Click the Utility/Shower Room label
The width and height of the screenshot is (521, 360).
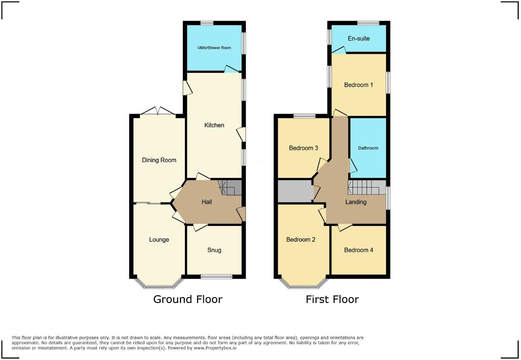pyautogui.click(x=214, y=48)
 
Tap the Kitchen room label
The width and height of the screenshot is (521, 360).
pyautogui.click(x=214, y=125)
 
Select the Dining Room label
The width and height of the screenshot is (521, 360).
pyautogui.click(x=159, y=160)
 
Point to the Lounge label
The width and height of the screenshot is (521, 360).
pyautogui.click(x=159, y=240)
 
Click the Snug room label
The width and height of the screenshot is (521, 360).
pyautogui.click(x=214, y=250)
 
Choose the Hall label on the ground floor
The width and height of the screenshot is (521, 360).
pyautogui.click(x=207, y=202)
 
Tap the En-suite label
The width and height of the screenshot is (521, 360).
pyautogui.click(x=359, y=39)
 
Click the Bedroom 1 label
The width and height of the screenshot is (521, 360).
pyautogui.click(x=359, y=85)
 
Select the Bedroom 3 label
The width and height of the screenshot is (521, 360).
pyautogui.click(x=304, y=148)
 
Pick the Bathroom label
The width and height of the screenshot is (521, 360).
pyautogui.click(x=368, y=148)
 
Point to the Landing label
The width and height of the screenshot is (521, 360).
pyautogui.click(x=356, y=202)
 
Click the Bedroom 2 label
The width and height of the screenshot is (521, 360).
pyautogui.click(x=301, y=240)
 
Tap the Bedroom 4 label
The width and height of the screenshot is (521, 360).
pyautogui.click(x=359, y=250)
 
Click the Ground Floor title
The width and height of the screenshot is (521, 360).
pyautogui.click(x=188, y=299)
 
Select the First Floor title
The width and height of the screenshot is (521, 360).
pyautogui.click(x=332, y=299)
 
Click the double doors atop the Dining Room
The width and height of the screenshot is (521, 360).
pyautogui.click(x=158, y=111)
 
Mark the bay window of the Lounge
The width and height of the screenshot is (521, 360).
pyautogui.click(x=159, y=285)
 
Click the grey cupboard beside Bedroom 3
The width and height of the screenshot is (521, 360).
pyautogui.click(x=295, y=191)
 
